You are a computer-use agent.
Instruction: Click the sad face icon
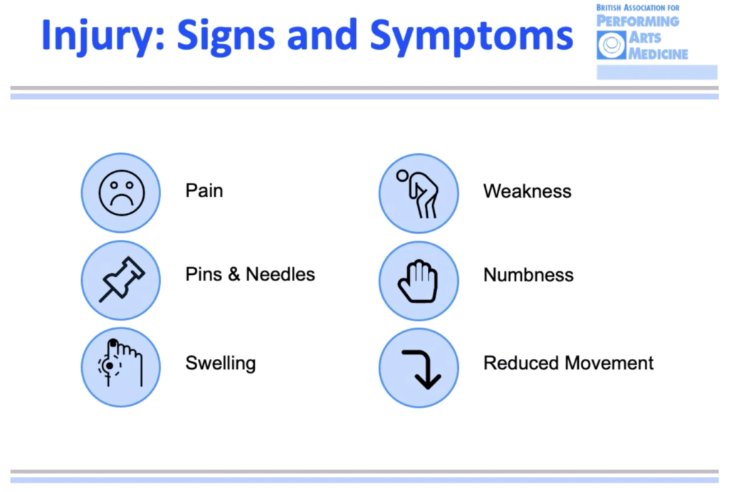(x=122, y=193)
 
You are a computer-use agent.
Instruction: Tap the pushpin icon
(x=122, y=280)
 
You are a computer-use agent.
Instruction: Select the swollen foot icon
(x=120, y=363)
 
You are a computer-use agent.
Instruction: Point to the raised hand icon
(x=418, y=281)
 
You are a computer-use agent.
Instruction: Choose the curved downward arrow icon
(x=421, y=370)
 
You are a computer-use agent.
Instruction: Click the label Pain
(x=204, y=191)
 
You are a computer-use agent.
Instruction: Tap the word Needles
(x=280, y=274)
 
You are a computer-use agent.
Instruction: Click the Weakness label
(x=528, y=191)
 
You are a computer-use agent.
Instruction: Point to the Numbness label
(x=529, y=275)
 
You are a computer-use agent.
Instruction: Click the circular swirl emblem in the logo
(x=612, y=45)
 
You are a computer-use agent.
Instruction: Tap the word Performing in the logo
(x=638, y=21)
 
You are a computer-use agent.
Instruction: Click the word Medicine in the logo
(x=659, y=54)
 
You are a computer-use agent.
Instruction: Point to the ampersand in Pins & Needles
(x=234, y=274)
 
